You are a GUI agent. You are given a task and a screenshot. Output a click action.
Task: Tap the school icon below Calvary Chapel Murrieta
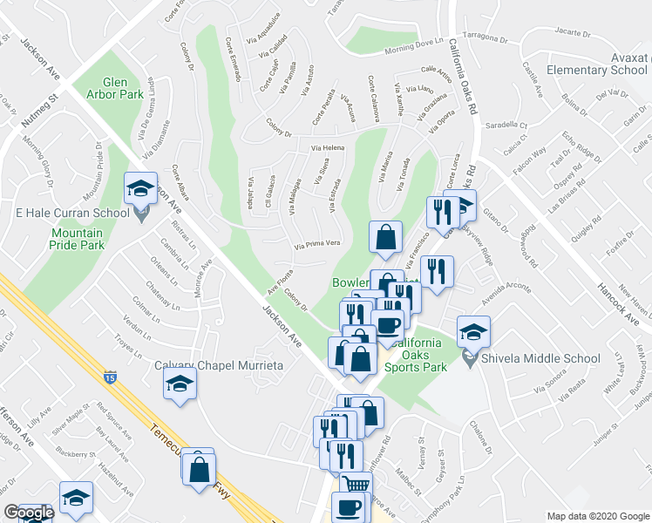[180, 384]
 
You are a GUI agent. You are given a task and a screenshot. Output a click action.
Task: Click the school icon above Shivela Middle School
[473, 332]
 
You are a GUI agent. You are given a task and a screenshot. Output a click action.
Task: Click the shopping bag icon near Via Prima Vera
[385, 236]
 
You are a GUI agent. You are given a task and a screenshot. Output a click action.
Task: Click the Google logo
[29, 513]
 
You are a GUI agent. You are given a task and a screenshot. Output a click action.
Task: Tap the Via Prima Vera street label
[316, 244]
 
